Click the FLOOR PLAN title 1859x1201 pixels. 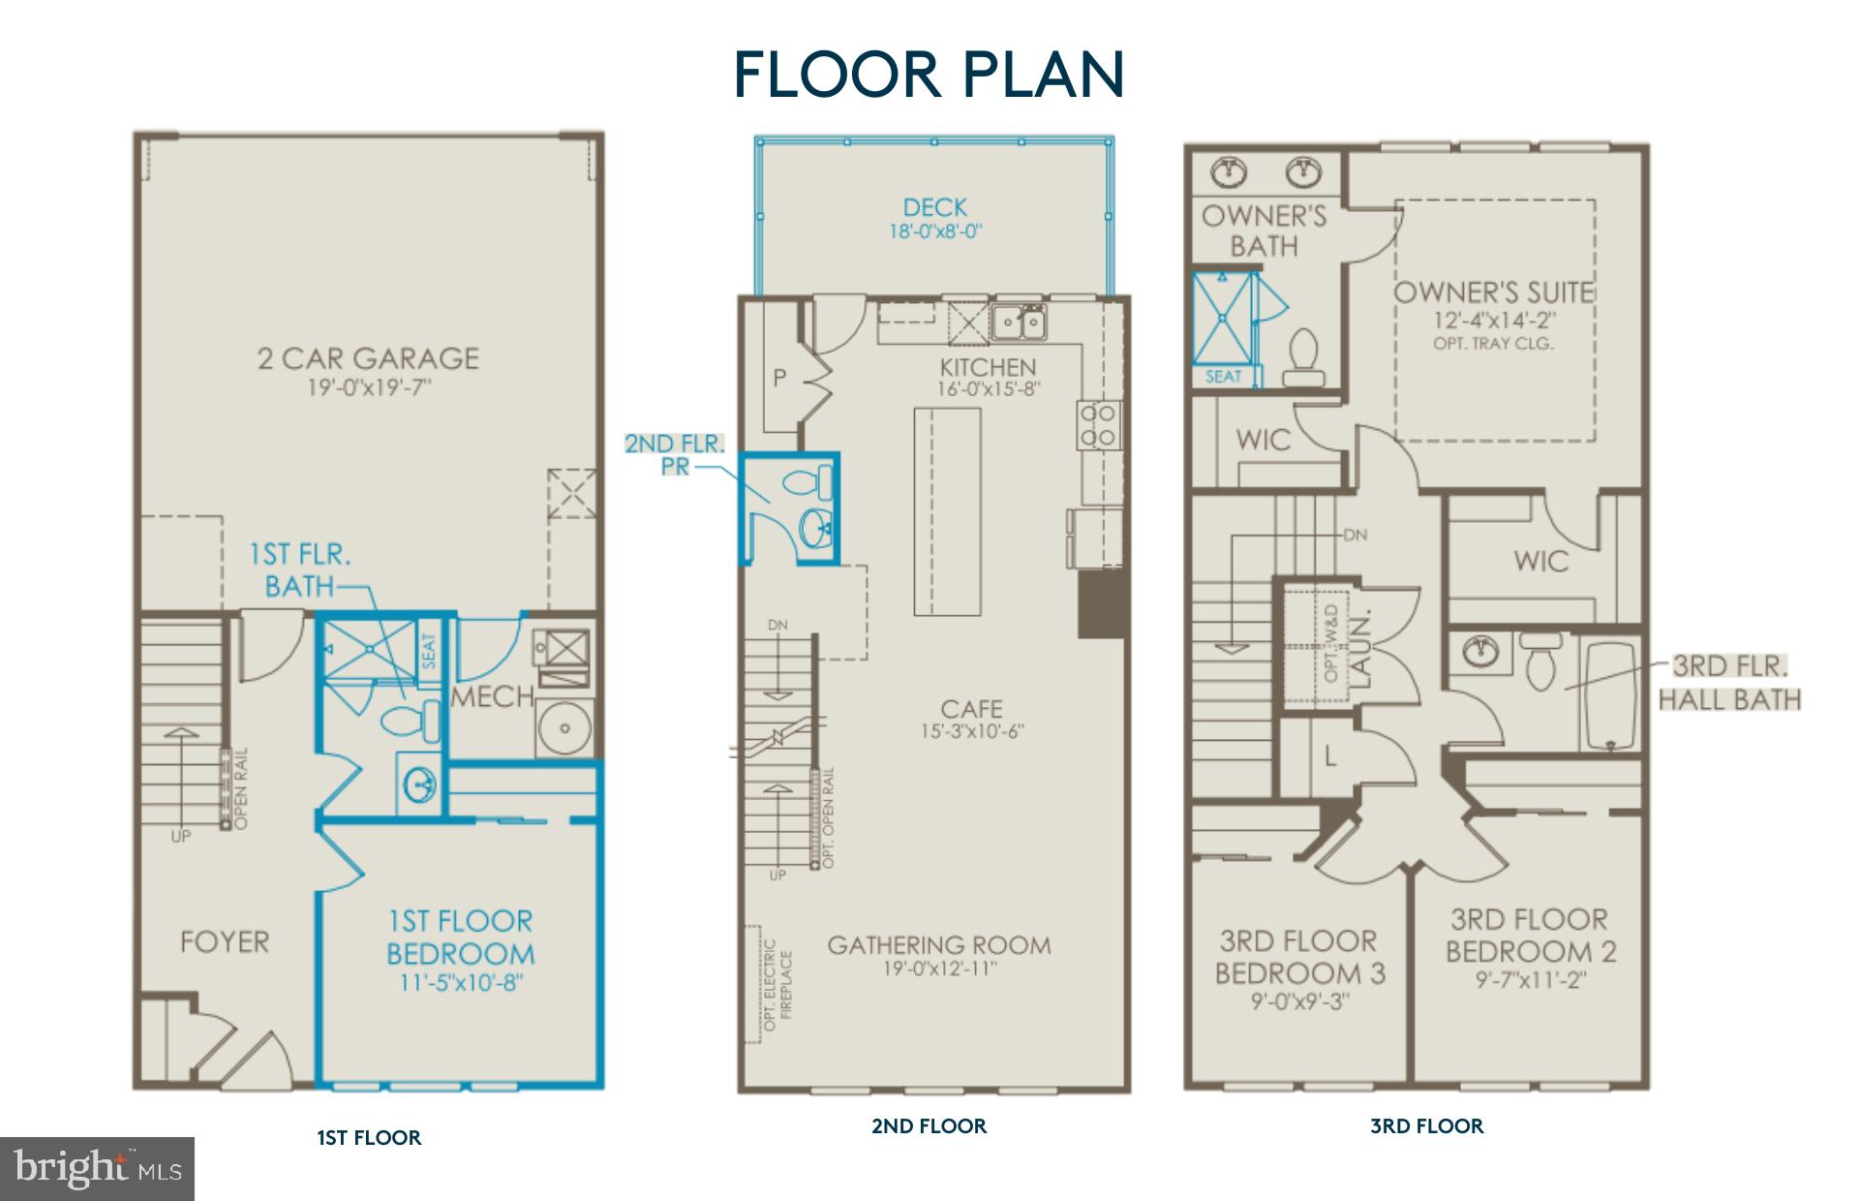(929, 75)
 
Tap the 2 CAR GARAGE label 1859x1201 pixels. (368, 359)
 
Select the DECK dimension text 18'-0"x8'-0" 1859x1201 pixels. (936, 232)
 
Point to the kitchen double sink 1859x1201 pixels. (1019, 321)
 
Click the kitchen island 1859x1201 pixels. (947, 511)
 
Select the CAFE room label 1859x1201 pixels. (971, 708)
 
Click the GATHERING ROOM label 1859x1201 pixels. (938, 945)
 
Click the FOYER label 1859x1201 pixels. (225, 941)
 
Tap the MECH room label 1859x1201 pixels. (492, 696)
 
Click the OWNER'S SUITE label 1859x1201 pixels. (1493, 293)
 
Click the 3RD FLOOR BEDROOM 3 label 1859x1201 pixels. (1299, 957)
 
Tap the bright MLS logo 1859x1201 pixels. (97, 1169)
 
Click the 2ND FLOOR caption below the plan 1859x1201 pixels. (929, 1125)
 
